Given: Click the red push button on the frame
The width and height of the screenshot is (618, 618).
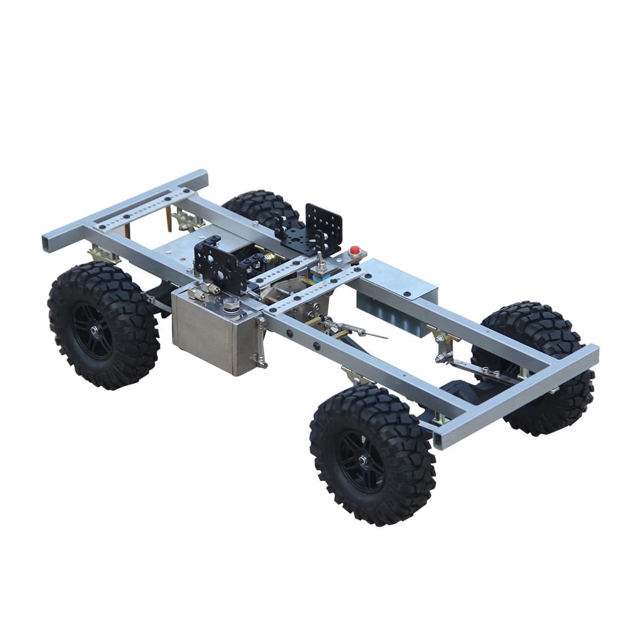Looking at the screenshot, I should [x=354, y=251].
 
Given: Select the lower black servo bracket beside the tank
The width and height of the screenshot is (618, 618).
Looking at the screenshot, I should [x=219, y=264].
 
